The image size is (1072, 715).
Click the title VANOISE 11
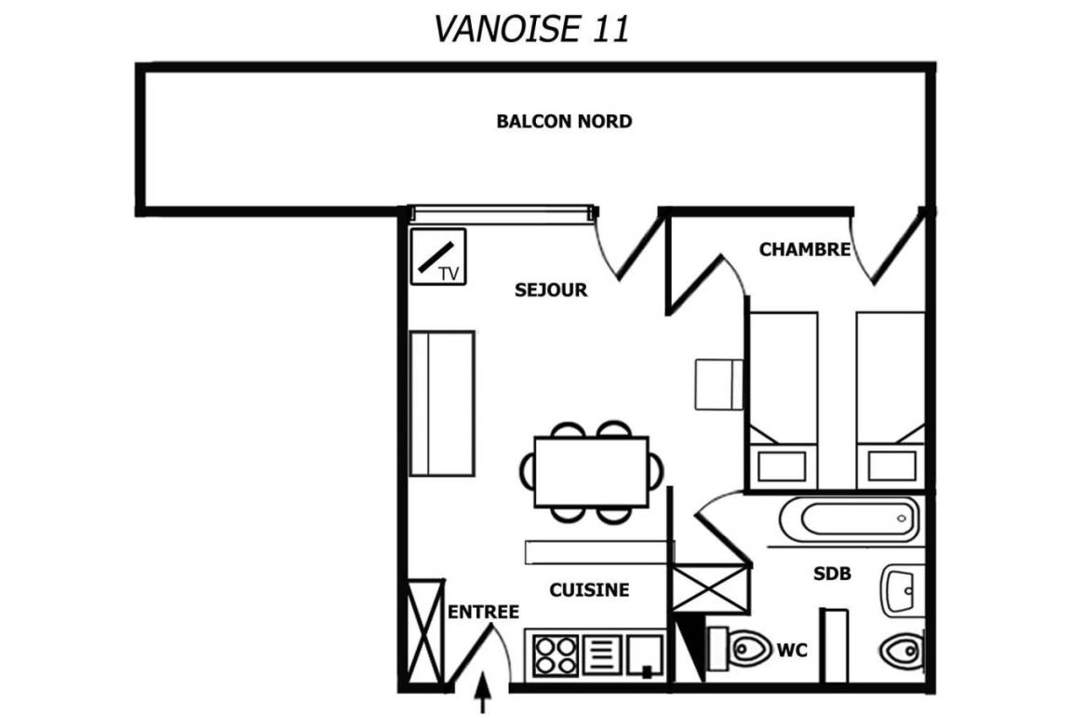click(x=531, y=29)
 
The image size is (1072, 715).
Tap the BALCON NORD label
click(x=564, y=121)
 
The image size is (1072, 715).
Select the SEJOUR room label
click(x=551, y=290)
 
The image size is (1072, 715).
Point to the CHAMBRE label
click(x=805, y=250)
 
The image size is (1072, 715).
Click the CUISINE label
click(x=589, y=590)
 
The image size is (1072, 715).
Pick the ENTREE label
click(x=483, y=612)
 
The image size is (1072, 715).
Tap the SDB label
click(x=832, y=573)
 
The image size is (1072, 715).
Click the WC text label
click(x=793, y=649)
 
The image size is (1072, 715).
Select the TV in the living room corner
click(x=438, y=257)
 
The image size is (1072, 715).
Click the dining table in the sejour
click(x=591, y=472)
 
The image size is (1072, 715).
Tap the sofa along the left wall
click(x=442, y=404)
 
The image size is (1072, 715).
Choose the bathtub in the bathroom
click(x=850, y=519)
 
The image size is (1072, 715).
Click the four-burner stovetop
click(x=556, y=655)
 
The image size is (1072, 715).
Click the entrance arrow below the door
click(x=483, y=693)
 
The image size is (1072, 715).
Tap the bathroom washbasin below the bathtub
click(x=901, y=589)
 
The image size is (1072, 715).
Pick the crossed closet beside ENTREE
click(x=425, y=631)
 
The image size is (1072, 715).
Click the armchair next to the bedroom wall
click(x=718, y=384)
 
